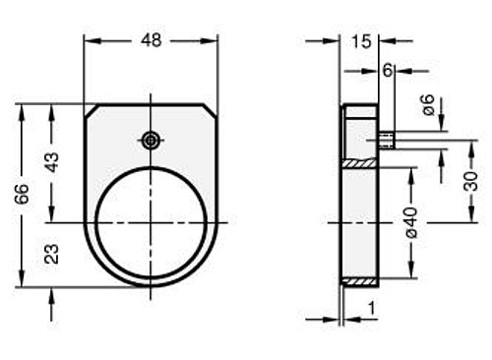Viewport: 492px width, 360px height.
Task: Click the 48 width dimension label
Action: (x=152, y=40)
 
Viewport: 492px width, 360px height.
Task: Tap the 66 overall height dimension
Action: (x=23, y=194)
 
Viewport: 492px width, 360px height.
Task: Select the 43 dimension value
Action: (x=52, y=162)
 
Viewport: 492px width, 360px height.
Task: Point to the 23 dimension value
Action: (x=52, y=254)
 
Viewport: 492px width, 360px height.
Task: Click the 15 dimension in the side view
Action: (x=361, y=42)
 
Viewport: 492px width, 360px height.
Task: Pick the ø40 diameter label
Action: (x=411, y=222)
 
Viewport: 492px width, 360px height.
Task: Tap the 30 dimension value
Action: (x=471, y=181)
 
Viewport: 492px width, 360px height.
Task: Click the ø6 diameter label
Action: (x=428, y=104)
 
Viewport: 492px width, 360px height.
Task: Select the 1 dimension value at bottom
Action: (x=371, y=308)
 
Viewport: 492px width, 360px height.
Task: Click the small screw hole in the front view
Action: (x=151, y=141)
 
